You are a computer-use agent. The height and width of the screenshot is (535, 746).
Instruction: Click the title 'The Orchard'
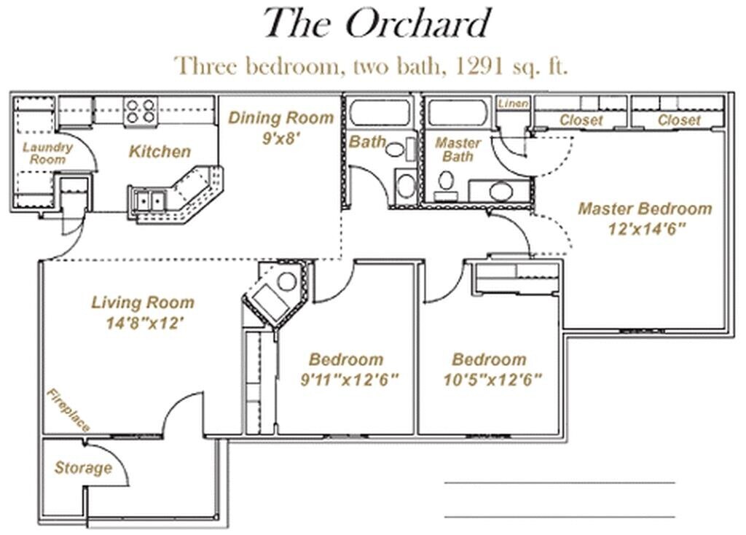tap(376, 23)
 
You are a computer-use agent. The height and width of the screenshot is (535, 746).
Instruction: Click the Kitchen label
tap(160, 152)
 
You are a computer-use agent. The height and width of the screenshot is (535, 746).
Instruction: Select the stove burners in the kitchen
tap(140, 110)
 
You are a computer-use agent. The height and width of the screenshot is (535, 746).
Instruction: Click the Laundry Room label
tap(47, 152)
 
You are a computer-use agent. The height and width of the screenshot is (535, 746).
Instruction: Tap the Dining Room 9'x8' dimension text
tap(281, 138)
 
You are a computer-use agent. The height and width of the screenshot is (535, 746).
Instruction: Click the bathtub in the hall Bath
tap(380, 113)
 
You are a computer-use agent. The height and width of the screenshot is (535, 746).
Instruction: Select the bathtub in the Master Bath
tap(458, 113)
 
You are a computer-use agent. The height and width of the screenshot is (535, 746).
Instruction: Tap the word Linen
tap(514, 104)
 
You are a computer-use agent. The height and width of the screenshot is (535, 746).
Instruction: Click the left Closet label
tap(581, 120)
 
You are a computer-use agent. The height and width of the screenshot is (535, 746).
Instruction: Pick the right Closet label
tap(678, 120)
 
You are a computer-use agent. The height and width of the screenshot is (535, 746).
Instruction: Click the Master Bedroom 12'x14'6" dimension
tap(645, 227)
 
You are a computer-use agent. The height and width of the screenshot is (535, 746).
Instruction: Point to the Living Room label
tap(143, 302)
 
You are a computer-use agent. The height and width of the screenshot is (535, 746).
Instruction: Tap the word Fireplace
tap(68, 410)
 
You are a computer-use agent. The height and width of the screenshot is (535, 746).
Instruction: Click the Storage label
tap(83, 467)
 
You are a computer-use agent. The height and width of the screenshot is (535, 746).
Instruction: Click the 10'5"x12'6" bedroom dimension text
tap(492, 380)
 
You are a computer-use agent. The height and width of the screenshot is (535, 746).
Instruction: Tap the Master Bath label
tap(458, 149)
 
